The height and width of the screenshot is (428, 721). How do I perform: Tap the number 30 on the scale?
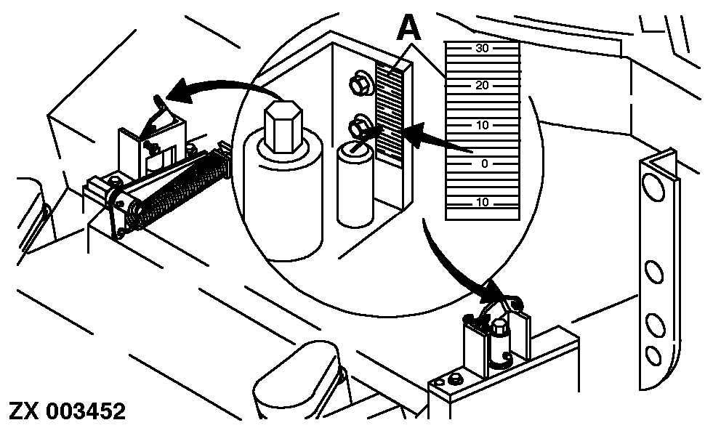482,49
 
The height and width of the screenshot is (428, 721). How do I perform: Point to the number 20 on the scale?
482,86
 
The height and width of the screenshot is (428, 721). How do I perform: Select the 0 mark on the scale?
484,163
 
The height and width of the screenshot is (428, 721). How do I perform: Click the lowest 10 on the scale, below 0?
482,201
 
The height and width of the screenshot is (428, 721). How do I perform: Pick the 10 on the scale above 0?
482,125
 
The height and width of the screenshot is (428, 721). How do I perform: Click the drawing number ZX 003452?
67,411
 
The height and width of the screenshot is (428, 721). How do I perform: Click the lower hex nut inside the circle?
358,125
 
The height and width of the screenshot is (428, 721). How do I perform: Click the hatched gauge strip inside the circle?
390,113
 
